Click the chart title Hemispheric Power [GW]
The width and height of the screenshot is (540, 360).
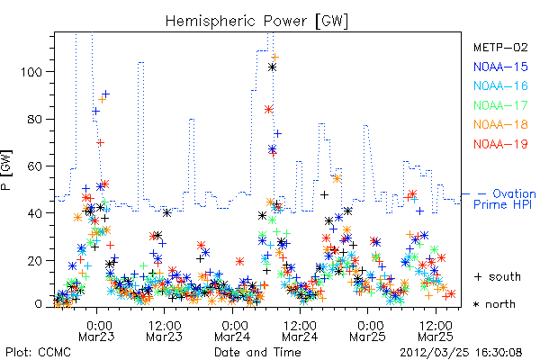256,22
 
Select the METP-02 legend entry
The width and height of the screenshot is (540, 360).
500,47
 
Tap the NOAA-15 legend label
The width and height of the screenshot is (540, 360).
500,67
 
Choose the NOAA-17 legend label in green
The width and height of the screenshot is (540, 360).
500,105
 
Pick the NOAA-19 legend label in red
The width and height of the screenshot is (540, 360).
500,144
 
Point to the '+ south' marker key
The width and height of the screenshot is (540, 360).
498,276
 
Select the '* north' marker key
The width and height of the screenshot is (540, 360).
494,304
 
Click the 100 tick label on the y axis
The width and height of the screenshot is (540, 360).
31,72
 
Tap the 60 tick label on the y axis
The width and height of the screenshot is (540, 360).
35,166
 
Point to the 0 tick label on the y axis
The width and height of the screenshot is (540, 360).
39,304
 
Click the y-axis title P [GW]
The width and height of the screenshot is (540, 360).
7,170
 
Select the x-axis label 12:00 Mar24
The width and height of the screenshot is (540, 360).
300,330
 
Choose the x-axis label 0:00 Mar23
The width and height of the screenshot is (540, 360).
96,330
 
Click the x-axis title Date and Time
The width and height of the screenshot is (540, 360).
257,352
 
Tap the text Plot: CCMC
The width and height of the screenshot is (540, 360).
39,352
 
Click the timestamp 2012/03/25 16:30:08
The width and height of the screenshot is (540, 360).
461,352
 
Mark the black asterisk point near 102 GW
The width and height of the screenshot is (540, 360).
272,67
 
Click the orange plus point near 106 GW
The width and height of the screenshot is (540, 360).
274,58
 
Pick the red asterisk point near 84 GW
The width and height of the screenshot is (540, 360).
268,110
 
